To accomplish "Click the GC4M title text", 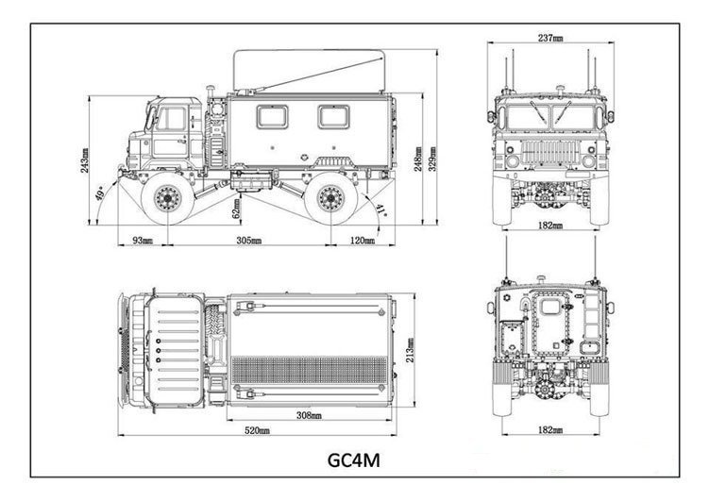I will tap(354, 462).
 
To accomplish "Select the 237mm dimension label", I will tap(550, 39).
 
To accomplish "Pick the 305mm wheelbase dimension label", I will tap(248, 242).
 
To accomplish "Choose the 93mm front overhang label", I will tap(141, 242).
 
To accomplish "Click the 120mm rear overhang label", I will tap(363, 242).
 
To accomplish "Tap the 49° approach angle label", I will tap(100, 194).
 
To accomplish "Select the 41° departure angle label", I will tap(380, 209).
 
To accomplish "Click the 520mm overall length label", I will tap(258, 431).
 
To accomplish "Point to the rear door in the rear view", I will tap(549, 320).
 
